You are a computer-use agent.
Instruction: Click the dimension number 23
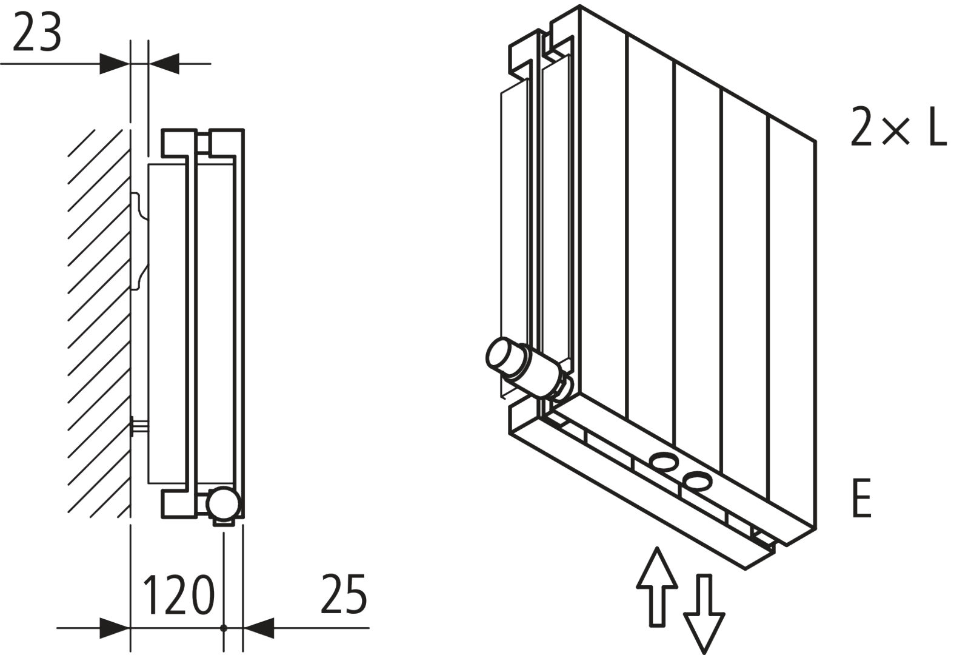click(37, 33)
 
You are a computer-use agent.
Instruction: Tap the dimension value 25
click(344, 594)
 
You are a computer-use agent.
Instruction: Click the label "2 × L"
click(898, 127)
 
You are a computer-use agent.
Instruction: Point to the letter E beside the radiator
click(861, 498)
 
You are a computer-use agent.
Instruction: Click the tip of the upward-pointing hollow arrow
click(657, 548)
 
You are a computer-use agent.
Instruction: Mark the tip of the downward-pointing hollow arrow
click(704, 654)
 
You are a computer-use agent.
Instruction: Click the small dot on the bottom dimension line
click(224, 628)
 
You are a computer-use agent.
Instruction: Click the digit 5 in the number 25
click(356, 594)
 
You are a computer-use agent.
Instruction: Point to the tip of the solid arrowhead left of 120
click(130, 628)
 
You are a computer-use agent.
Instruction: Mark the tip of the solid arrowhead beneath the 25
click(244, 628)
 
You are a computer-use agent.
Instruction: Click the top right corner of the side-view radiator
click(244, 129)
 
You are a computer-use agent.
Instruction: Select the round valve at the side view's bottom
click(224, 504)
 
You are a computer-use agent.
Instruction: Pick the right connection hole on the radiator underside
click(697, 481)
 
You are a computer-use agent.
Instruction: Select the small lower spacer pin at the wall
click(140, 426)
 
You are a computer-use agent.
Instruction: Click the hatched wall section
click(99, 324)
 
